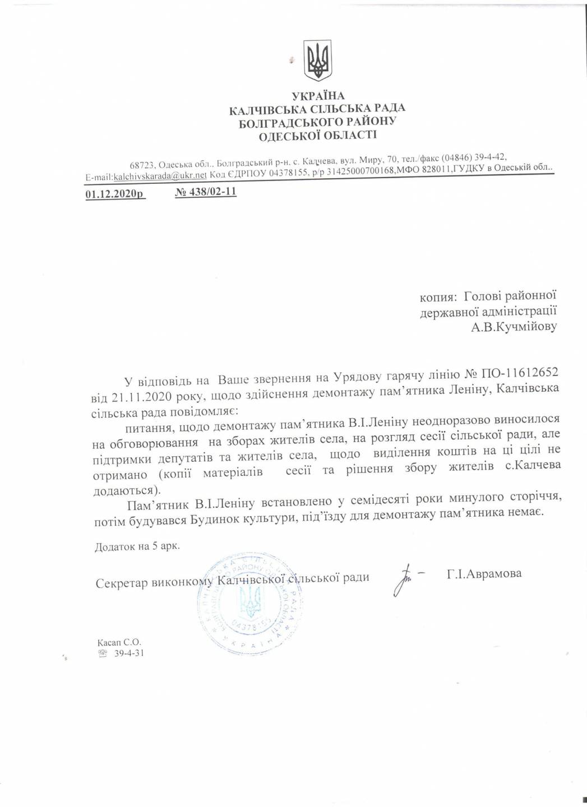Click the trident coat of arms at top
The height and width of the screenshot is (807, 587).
(x=318, y=60)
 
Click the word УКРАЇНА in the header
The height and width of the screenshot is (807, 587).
(x=318, y=96)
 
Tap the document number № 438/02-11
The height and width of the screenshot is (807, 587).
(x=206, y=192)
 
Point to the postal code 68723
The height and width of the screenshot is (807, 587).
(x=142, y=165)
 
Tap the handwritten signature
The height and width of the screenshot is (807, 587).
(x=404, y=578)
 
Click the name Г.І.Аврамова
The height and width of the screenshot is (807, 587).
(x=484, y=573)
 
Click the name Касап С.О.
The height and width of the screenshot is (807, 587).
(x=119, y=642)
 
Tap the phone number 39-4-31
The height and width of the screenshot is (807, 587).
(x=129, y=653)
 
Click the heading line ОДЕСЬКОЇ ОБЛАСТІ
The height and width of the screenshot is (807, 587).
(x=318, y=134)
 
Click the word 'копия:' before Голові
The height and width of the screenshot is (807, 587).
(x=439, y=295)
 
